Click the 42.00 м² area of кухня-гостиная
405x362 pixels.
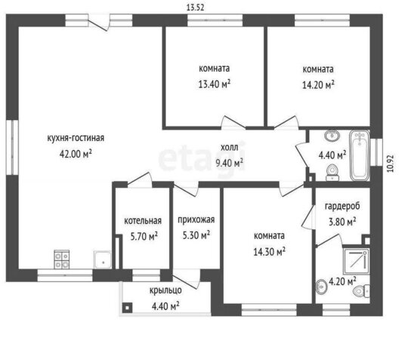76,154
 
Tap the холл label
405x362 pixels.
230,148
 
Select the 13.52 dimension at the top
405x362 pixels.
195,8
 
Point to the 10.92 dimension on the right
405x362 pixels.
391,163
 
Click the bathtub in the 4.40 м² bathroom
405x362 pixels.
359,155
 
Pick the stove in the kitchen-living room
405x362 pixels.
62,259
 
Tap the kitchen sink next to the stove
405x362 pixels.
103,259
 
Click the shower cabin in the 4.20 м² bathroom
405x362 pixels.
357,261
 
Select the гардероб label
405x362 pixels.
342,207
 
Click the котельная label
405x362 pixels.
143,221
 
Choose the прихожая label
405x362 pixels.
196,219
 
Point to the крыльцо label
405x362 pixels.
165,290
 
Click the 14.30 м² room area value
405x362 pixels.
270,251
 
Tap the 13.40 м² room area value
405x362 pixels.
215,84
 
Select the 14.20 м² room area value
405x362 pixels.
318,84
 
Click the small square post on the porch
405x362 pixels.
127,308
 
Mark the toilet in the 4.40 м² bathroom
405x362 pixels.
332,173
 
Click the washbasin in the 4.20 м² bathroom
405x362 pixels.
321,287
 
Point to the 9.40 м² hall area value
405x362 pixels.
230,163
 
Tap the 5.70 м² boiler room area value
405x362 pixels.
144,236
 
